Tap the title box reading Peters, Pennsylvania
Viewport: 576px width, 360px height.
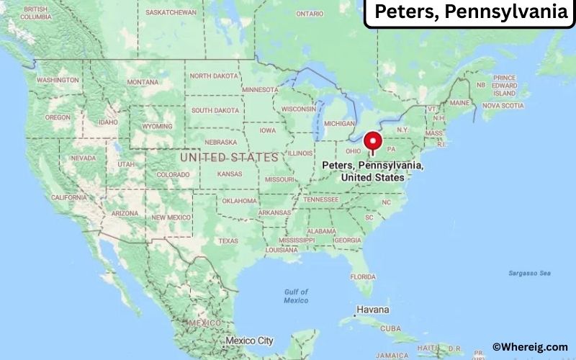click(x=469, y=13)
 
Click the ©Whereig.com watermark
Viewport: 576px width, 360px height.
click(x=530, y=347)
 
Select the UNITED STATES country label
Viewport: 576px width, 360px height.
click(x=229, y=157)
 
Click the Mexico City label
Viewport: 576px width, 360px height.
click(x=249, y=341)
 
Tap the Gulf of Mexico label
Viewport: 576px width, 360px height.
click(x=295, y=296)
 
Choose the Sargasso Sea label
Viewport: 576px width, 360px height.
click(x=529, y=274)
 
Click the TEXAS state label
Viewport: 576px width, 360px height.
click(x=228, y=240)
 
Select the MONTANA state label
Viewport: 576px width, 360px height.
click(x=143, y=82)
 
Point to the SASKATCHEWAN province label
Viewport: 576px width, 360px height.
click(x=171, y=13)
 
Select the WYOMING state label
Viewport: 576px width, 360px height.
click(x=157, y=126)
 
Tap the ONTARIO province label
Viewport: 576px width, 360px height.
click(x=310, y=14)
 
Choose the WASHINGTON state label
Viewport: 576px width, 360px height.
click(x=58, y=80)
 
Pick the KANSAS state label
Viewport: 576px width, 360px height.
click(x=230, y=174)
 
